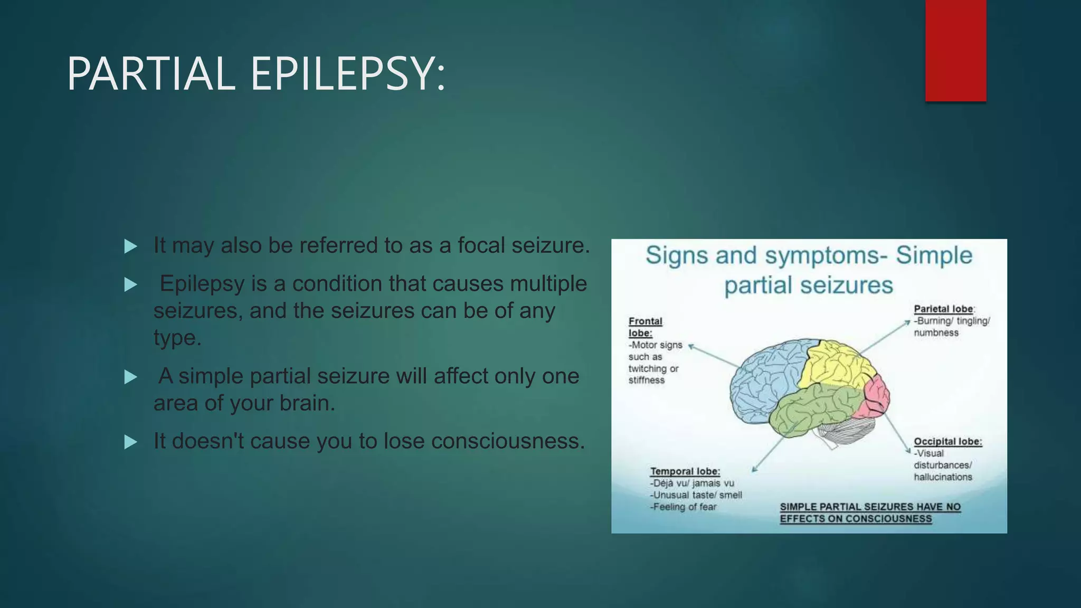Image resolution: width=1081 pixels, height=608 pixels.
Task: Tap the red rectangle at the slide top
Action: click(x=955, y=50)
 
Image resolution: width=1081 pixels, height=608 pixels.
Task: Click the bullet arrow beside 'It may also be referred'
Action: click(x=130, y=246)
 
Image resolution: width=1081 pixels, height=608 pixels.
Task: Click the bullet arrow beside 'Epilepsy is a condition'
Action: click(x=130, y=285)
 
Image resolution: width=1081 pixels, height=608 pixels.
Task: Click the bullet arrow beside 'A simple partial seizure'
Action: click(x=130, y=377)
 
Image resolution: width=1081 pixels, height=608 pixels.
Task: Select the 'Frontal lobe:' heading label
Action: click(x=644, y=327)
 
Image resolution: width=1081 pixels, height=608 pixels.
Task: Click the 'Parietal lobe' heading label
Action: click(x=943, y=309)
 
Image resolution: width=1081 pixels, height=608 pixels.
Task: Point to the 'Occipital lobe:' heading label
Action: click(x=947, y=442)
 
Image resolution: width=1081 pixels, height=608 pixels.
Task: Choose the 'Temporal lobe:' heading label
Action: click(x=685, y=471)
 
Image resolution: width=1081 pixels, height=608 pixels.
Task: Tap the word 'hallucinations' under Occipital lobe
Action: click(x=943, y=477)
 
